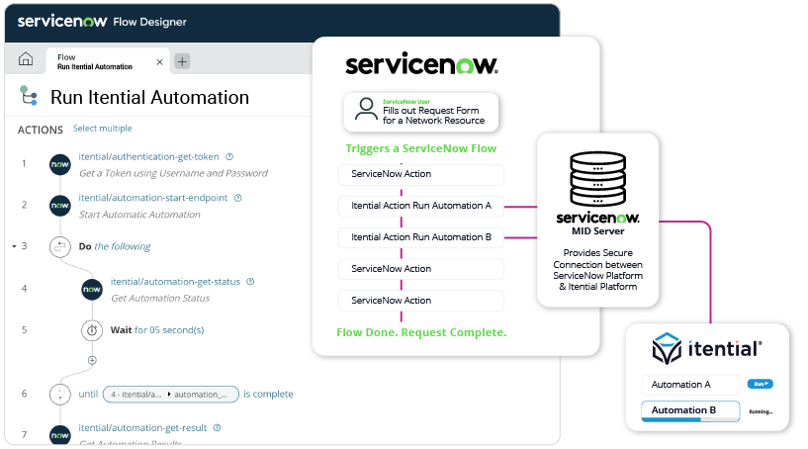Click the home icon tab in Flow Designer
coord(26,59)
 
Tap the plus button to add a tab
coord(182,61)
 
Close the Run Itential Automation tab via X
coord(160,61)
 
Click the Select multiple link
coord(102,129)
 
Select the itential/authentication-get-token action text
coord(149,156)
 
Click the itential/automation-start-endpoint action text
coord(153,198)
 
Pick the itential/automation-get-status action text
coord(175,281)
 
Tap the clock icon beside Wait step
coord(92,329)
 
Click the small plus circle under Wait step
coord(92,360)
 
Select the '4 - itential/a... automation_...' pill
coord(170,394)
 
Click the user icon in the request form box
coord(365,111)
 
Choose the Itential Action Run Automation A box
coord(421,206)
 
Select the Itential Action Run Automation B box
coord(421,237)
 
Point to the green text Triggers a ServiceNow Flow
coord(420,148)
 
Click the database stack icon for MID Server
coord(595,179)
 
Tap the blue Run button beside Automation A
coord(761,384)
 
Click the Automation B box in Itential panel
coord(690,410)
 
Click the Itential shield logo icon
coord(668,350)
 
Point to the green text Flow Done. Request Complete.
coord(421,332)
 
